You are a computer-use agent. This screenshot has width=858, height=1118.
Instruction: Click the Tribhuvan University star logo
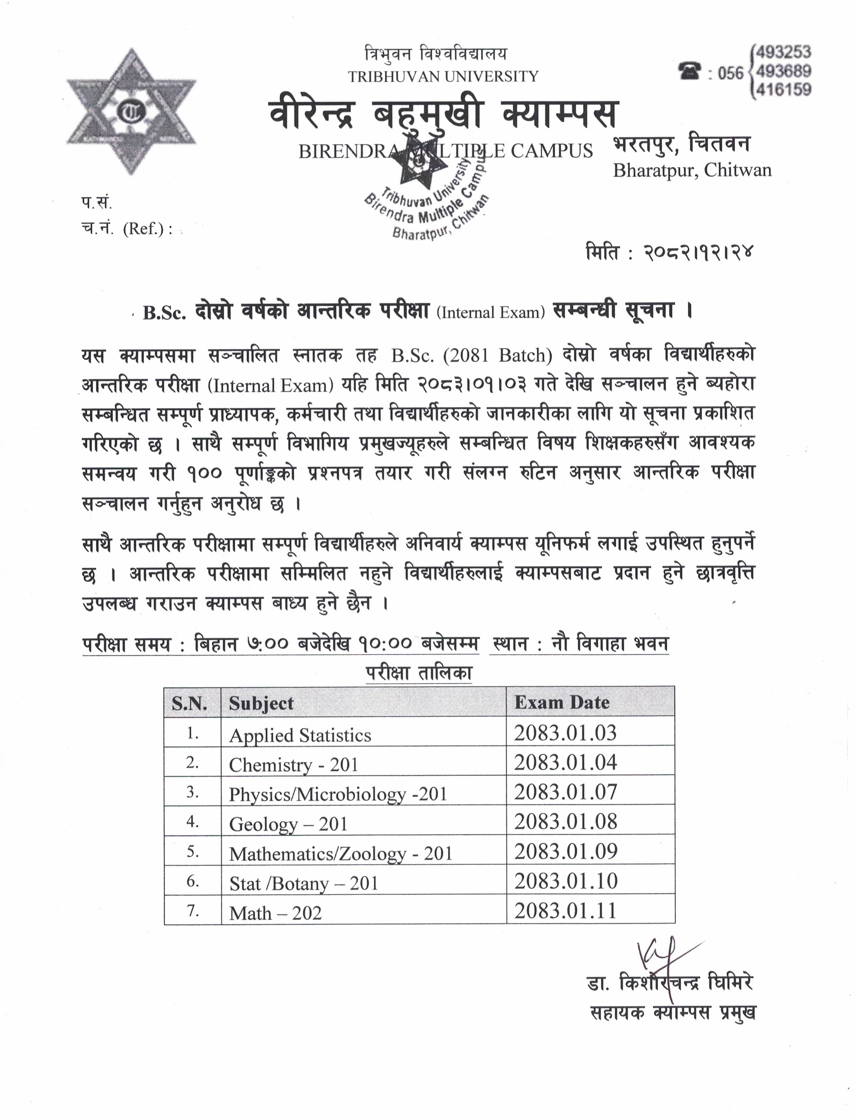pyautogui.click(x=131, y=111)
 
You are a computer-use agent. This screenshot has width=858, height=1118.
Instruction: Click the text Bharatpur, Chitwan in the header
pyautogui.click(x=692, y=170)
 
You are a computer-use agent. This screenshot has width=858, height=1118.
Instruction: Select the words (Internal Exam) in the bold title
pyautogui.click(x=490, y=312)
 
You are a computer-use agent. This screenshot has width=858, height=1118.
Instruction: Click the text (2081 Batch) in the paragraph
pyautogui.click(x=497, y=356)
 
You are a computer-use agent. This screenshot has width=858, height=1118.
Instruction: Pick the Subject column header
pyautogui.click(x=261, y=704)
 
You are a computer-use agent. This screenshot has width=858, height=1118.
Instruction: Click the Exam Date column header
pyautogui.click(x=562, y=703)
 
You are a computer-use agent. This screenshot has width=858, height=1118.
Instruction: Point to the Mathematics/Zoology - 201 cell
pyautogui.click(x=341, y=854)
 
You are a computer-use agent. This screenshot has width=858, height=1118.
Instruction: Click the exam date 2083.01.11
pyautogui.click(x=565, y=911)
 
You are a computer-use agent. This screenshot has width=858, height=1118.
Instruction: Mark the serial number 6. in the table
pyautogui.click(x=192, y=882)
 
